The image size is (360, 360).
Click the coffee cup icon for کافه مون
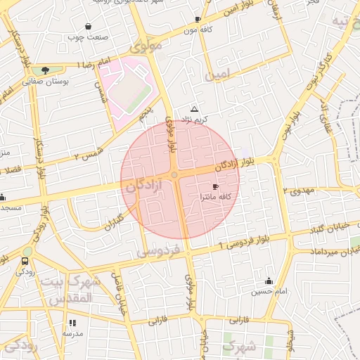click(198, 19)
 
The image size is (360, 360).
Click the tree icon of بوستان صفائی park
click(45, 70)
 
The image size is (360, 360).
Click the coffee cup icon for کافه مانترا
click(214, 186)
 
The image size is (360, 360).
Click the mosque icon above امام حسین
click(269, 281)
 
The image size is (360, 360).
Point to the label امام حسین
click(269, 291)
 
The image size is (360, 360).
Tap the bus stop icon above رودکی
click(25, 261)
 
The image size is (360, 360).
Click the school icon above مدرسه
click(72, 324)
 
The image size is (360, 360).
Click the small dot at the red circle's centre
click(174, 174)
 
